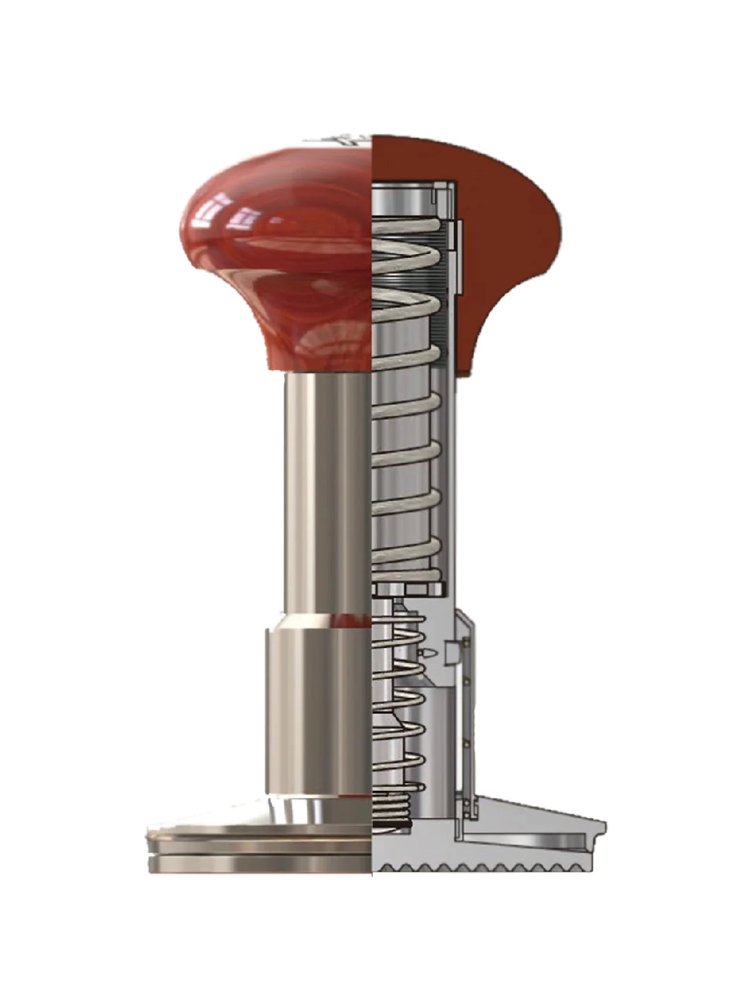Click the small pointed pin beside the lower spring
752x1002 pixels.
426,654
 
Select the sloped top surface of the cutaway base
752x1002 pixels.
544,811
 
